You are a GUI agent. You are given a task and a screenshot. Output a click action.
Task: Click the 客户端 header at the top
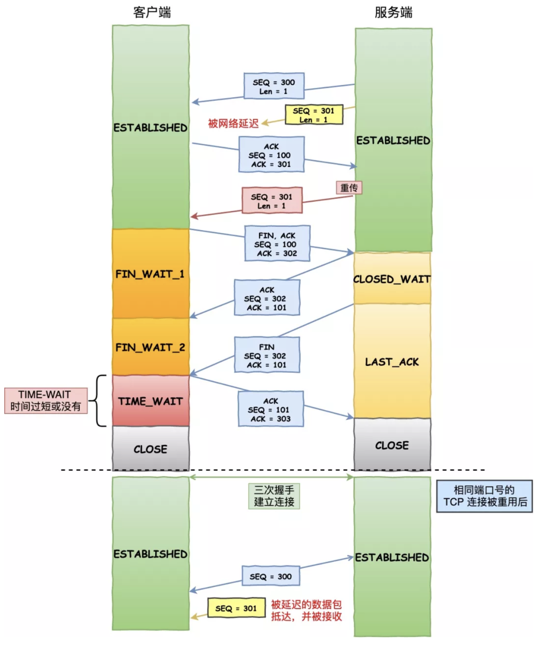(152, 13)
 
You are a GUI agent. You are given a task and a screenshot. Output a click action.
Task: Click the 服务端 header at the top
(393, 13)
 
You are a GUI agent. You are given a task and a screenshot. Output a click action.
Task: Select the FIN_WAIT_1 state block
(150, 274)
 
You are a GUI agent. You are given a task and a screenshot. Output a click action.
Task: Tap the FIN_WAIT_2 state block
(150, 347)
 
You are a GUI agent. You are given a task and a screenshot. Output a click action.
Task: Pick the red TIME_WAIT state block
(150, 401)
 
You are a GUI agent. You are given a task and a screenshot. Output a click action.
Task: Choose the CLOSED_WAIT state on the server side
(392, 279)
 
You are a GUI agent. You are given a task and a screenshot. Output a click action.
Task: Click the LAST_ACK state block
(392, 362)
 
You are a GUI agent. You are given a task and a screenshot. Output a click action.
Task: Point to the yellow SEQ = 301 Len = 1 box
(314, 115)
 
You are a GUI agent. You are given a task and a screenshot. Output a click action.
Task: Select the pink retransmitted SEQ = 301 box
(272, 200)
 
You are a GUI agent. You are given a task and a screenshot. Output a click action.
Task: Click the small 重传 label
(349, 188)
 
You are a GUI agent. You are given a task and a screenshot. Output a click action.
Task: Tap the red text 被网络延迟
(233, 124)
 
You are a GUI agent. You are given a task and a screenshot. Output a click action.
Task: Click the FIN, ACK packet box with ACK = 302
(277, 243)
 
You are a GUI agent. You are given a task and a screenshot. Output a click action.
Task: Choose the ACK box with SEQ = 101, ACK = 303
(271, 409)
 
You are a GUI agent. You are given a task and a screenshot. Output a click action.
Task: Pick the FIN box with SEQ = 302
(267, 355)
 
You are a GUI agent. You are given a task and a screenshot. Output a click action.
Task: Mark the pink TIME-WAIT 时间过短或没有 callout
(46, 401)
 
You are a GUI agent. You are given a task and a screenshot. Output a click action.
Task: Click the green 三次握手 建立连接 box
(274, 496)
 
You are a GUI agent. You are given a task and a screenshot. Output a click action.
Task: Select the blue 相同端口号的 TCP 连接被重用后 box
(484, 496)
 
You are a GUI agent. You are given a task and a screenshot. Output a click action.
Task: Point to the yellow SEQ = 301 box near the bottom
(236, 608)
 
